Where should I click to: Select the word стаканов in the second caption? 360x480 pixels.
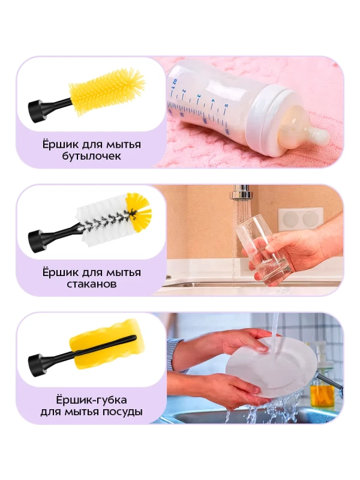91,284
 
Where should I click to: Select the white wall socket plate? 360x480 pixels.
300,218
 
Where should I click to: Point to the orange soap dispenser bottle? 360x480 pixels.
322,393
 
